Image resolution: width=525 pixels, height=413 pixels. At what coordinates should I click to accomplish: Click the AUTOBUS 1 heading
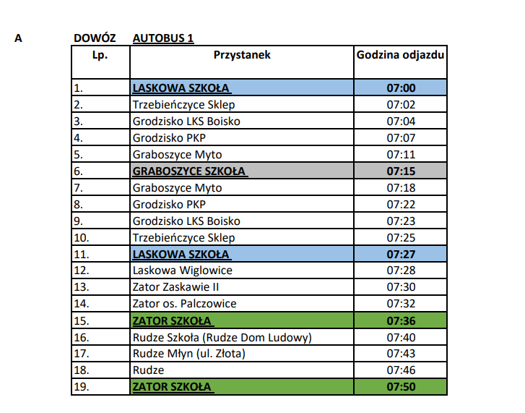pyautogui.click(x=163, y=38)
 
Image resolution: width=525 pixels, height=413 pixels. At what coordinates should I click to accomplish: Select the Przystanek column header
pyautogui.click(x=242, y=54)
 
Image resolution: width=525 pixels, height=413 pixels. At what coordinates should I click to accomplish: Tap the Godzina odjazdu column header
pyautogui.click(x=401, y=54)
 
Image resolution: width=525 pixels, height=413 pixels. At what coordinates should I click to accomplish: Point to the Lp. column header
pyautogui.click(x=100, y=54)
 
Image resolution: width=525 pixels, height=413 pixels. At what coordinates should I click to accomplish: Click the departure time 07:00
pyautogui.click(x=401, y=88)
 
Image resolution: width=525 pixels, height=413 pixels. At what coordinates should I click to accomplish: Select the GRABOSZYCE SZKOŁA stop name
pyautogui.click(x=188, y=171)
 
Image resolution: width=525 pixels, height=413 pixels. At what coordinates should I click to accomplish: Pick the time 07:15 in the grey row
pyautogui.click(x=401, y=171)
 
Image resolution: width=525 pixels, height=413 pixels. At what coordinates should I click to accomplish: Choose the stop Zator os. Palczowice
pyautogui.click(x=184, y=304)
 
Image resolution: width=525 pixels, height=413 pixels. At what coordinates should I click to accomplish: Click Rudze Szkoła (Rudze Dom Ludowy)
pyautogui.click(x=222, y=337)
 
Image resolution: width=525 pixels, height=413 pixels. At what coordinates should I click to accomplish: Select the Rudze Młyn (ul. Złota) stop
pyautogui.click(x=188, y=354)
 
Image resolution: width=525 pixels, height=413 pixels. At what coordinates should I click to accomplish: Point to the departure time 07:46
pyautogui.click(x=401, y=370)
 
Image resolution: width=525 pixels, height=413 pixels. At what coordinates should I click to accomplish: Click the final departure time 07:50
pyautogui.click(x=401, y=387)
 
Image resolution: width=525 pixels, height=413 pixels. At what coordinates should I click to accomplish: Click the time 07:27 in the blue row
pyautogui.click(x=401, y=254)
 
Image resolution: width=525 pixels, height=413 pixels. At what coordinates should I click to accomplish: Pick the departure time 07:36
pyautogui.click(x=401, y=320)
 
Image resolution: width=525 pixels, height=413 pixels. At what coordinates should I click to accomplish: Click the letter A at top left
pyautogui.click(x=18, y=38)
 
